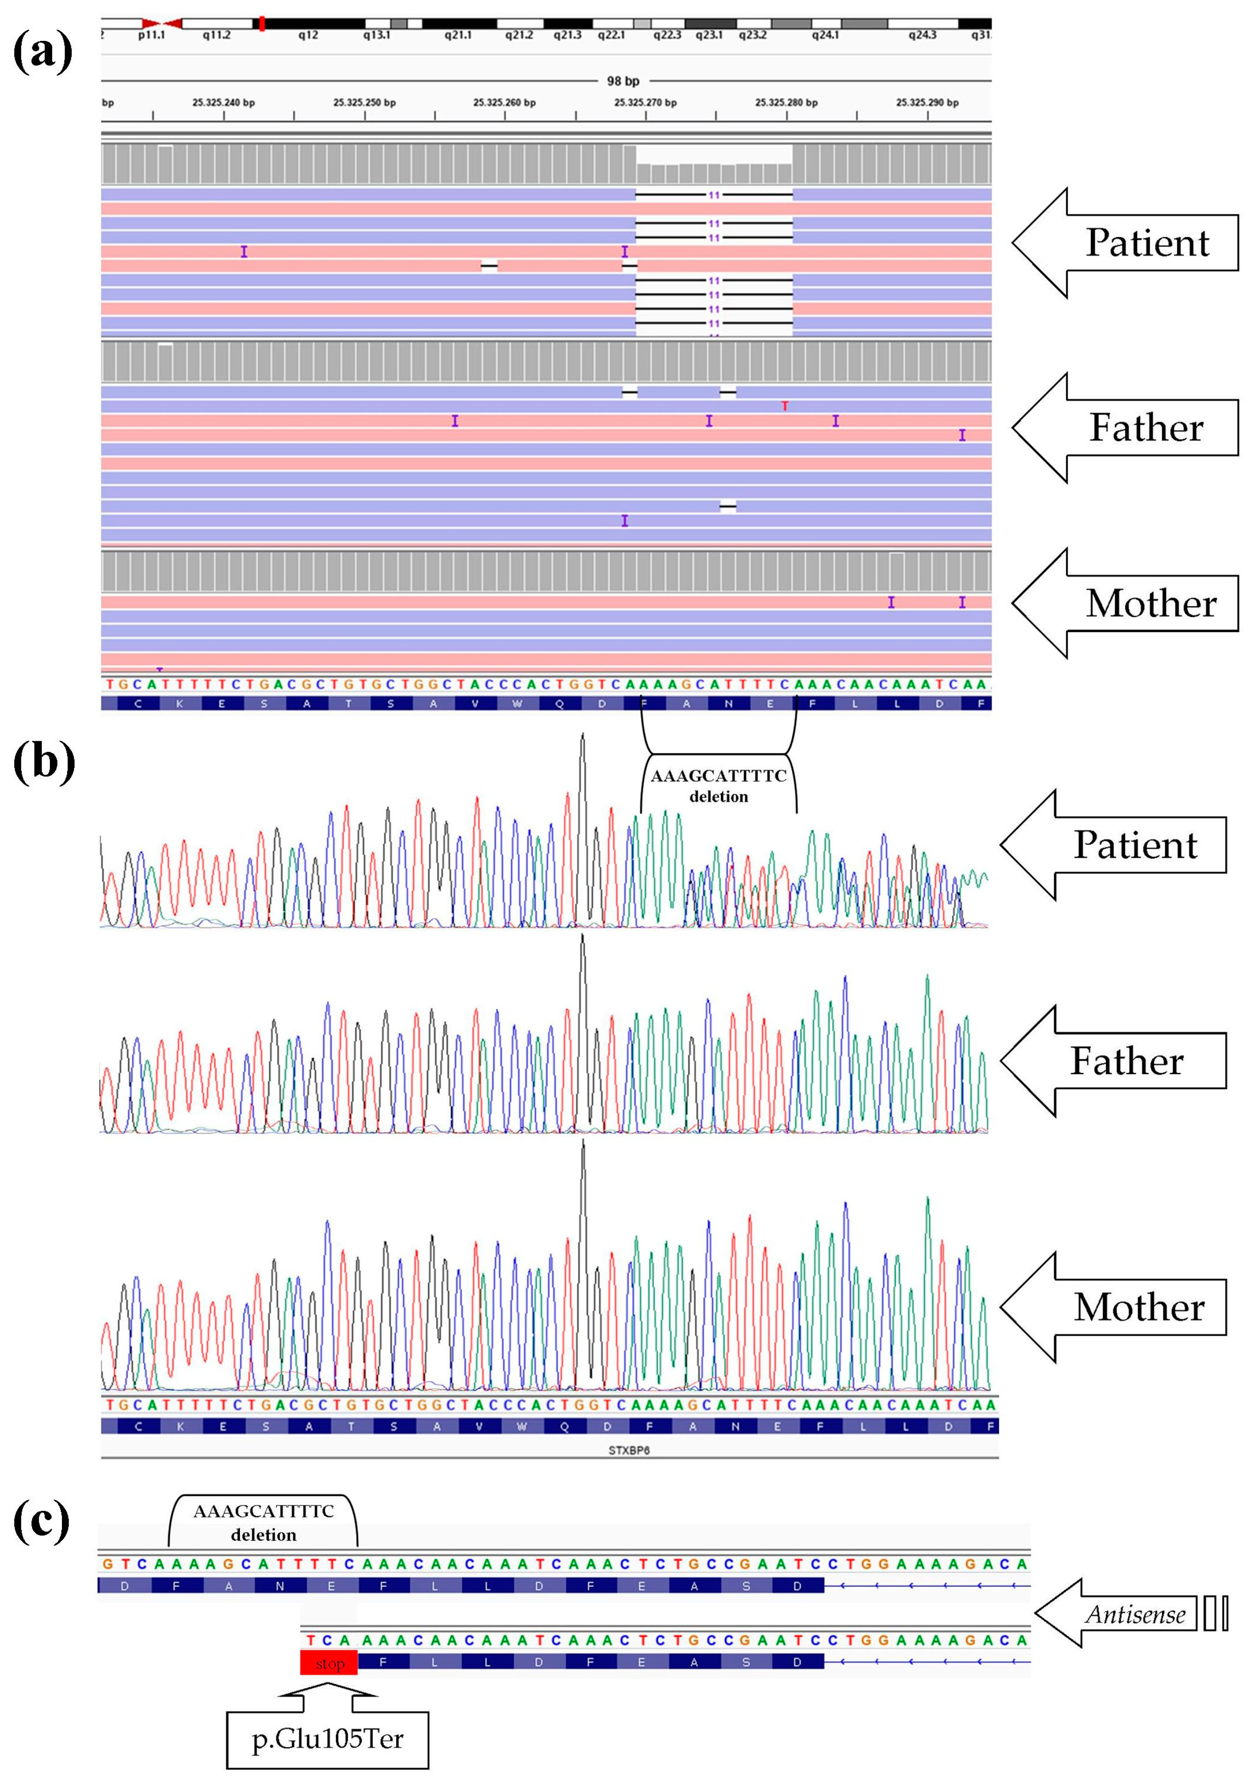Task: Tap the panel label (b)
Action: pos(45,762)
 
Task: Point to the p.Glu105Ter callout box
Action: pos(327,1739)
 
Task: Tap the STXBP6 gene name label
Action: pos(629,1450)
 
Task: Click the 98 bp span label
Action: pos(623,81)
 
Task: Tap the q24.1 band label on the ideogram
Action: pos(825,35)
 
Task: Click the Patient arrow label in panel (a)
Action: pos(1147,243)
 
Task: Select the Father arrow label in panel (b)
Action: pos(1127,1061)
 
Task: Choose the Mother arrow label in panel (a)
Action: pos(1151,603)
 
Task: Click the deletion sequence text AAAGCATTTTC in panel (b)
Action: pos(718,777)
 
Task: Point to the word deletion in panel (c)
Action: pos(263,1535)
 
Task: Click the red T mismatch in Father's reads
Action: pos(785,406)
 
